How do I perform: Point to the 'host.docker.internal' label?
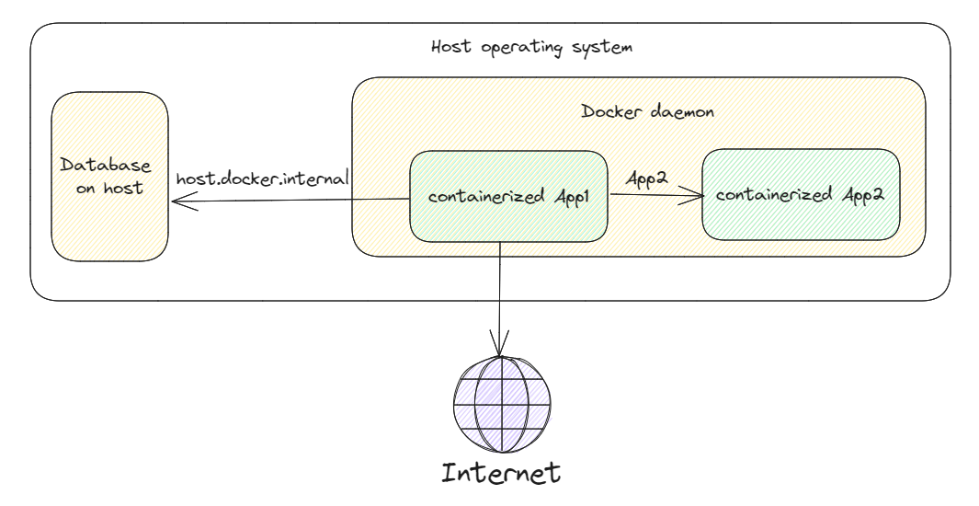[x=262, y=176]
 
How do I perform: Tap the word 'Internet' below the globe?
[x=501, y=474]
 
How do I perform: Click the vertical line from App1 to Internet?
[x=499, y=294]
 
